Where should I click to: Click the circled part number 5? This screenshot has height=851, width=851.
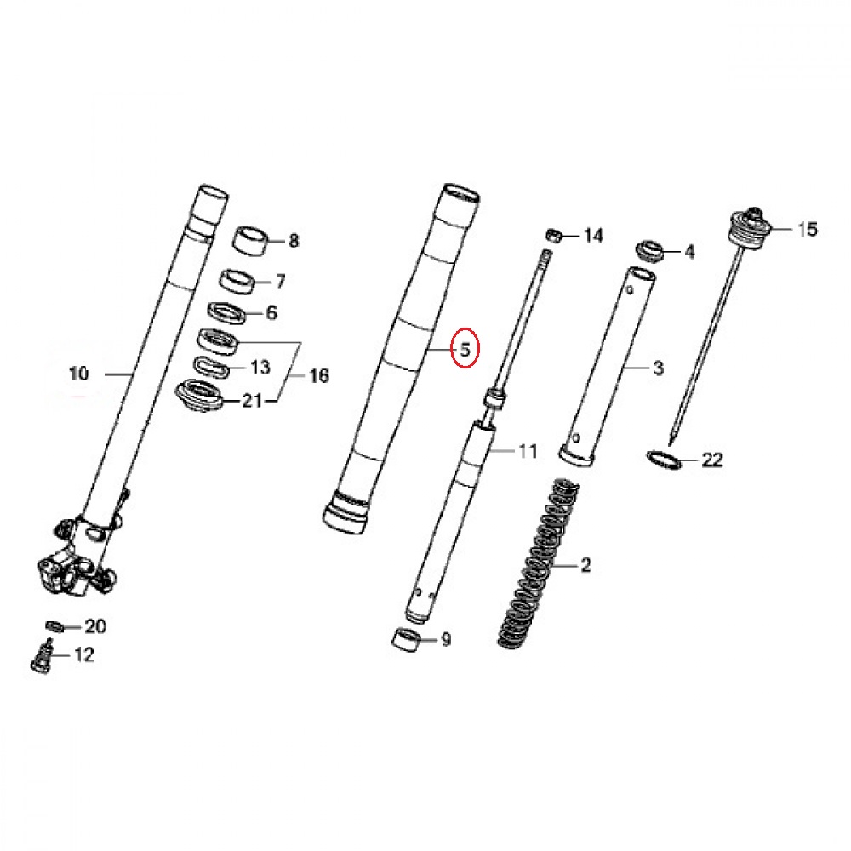click(465, 349)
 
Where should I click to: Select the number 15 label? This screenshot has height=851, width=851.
click(807, 230)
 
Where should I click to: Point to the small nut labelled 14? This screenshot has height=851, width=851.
click(553, 235)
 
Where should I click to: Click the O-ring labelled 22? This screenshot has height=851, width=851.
click(664, 460)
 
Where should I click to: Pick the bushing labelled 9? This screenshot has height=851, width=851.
click(405, 639)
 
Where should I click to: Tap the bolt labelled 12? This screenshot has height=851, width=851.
click(41, 657)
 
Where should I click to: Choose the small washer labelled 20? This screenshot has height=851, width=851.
click(54, 627)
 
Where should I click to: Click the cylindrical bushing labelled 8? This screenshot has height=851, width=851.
click(251, 241)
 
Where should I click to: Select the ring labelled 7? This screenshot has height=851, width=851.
click(238, 281)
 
